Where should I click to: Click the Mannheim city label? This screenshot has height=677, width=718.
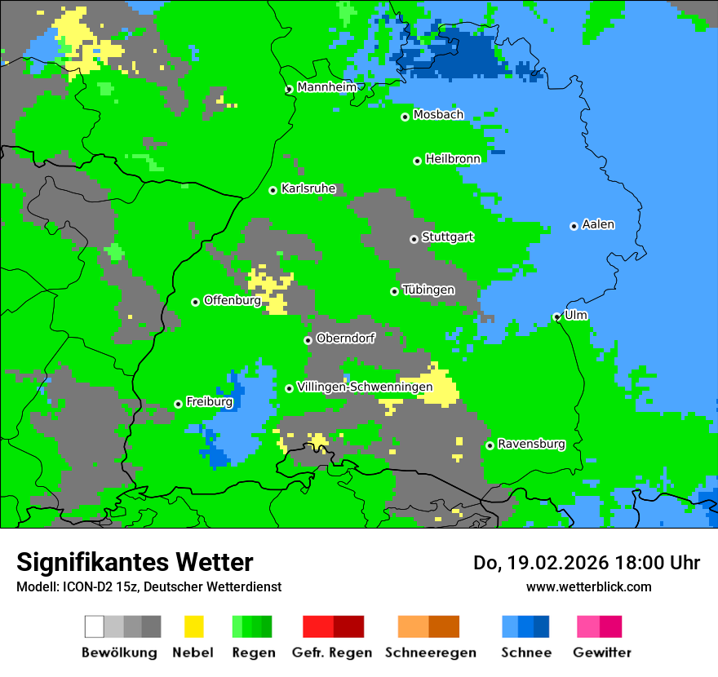[326, 87]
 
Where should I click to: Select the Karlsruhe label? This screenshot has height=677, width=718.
[308, 188]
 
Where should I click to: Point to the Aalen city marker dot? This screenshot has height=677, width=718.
[574, 226]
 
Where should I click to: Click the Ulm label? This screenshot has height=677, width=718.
[576, 315]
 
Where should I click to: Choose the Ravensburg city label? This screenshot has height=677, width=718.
[531, 445]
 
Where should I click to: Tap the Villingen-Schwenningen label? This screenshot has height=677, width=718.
[365, 387]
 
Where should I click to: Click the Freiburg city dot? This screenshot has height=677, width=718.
[178, 404]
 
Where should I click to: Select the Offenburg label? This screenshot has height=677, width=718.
[233, 300]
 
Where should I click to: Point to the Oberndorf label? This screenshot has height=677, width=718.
[345, 338]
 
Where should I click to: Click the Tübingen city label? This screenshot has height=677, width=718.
[428, 290]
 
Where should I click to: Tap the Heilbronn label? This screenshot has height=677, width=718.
[453, 159]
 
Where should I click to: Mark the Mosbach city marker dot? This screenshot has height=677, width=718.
[405, 117]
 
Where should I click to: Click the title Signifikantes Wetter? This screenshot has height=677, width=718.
[135, 562]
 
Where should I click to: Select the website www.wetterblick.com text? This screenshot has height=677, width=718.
[588, 586]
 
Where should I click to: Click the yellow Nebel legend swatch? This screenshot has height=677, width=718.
[193, 626]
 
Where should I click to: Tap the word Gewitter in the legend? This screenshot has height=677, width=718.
[602, 653]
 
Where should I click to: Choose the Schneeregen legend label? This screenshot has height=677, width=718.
[431, 653]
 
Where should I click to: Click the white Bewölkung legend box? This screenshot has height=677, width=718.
[95, 626]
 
